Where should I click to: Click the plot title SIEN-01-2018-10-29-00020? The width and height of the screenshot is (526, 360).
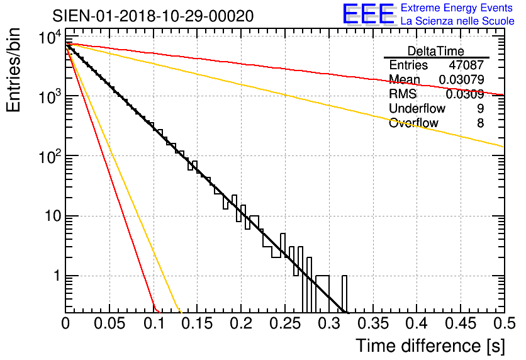[154, 16]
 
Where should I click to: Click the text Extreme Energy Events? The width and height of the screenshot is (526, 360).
[457, 8]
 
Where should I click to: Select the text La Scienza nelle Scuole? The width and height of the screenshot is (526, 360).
[457, 21]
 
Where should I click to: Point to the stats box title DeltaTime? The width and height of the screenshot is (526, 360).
[436, 51]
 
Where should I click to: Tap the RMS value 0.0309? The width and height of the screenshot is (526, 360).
[464, 94]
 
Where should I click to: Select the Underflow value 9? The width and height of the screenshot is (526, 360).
[480, 109]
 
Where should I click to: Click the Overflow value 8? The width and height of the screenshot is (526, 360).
[480, 123]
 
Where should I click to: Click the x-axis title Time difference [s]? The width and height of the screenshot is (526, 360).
[430, 346]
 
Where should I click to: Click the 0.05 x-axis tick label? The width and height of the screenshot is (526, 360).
[109, 324]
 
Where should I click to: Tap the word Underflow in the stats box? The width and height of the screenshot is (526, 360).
[413, 109]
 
